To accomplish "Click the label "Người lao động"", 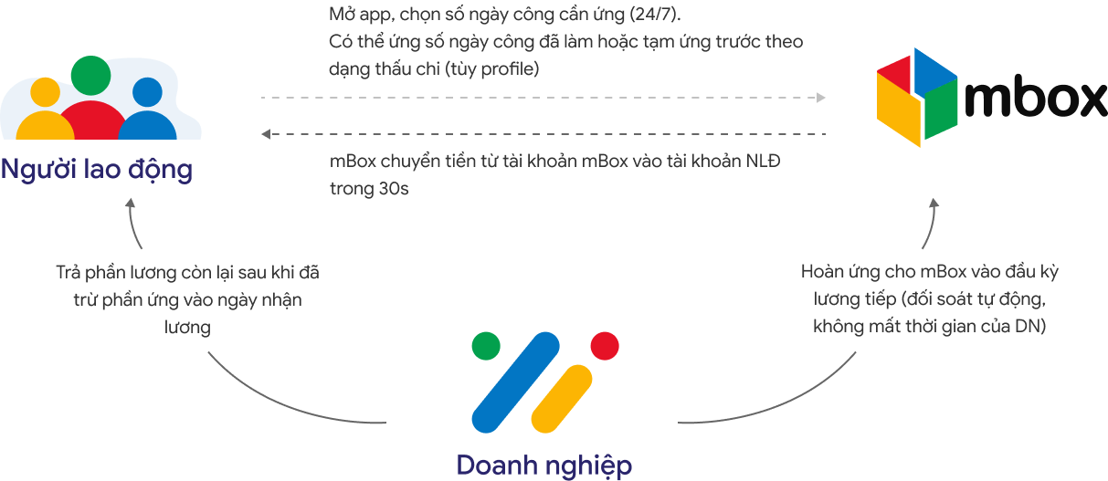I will (x=97, y=170).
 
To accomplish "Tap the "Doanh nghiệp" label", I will (x=543, y=465).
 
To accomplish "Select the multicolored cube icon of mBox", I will (x=916, y=96).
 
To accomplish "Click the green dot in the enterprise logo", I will (x=485, y=346).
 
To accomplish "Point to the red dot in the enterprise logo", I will (x=605, y=345).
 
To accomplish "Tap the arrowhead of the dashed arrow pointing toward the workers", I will (x=266, y=135).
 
